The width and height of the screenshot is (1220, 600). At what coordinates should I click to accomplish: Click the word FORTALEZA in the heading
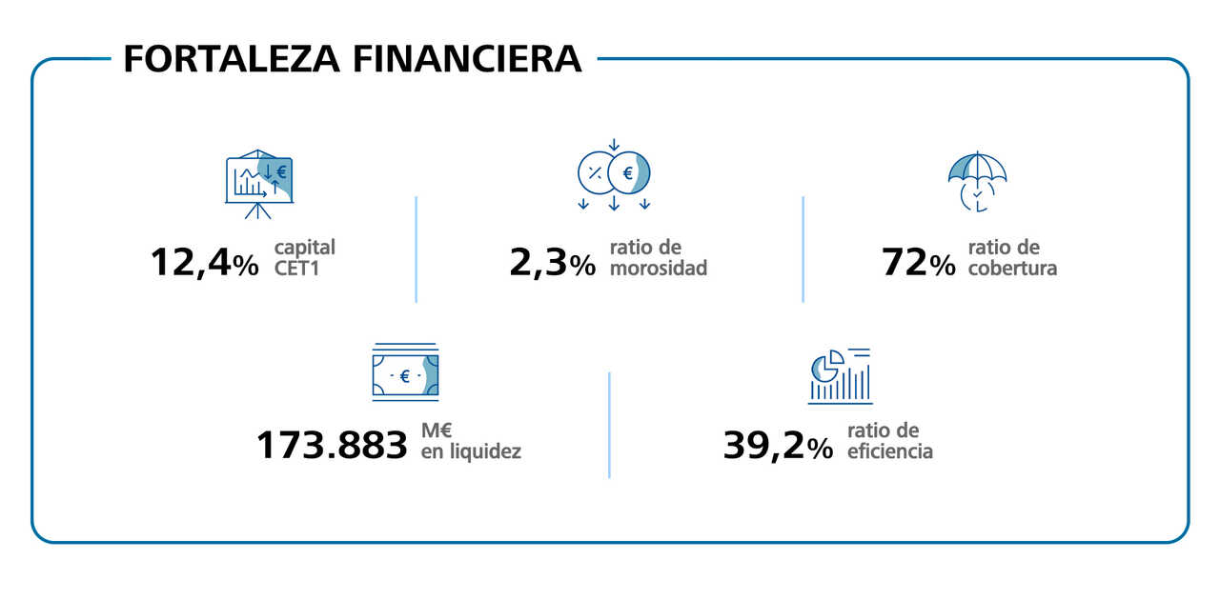[233, 58]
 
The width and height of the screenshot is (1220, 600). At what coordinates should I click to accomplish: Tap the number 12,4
[191, 263]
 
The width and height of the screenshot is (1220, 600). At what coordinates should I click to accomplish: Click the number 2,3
[539, 263]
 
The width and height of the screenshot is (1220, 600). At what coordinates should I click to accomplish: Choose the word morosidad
[659, 268]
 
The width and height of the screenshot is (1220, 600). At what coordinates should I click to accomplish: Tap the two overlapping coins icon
[614, 174]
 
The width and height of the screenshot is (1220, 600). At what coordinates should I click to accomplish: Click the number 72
[905, 263]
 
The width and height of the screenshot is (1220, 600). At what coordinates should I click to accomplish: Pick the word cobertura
[1012, 268]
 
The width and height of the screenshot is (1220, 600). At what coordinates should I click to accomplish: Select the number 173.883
[332, 446]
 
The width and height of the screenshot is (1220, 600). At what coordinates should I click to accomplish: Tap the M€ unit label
[436, 430]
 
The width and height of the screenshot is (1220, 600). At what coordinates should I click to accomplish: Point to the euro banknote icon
[405, 372]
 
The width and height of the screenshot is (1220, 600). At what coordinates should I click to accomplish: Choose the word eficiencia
[889, 450]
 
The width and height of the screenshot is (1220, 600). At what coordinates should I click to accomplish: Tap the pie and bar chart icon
[840, 375]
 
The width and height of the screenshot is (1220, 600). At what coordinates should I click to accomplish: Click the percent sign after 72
[943, 266]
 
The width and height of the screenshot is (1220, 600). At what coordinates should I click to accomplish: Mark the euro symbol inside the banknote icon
[405, 377]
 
